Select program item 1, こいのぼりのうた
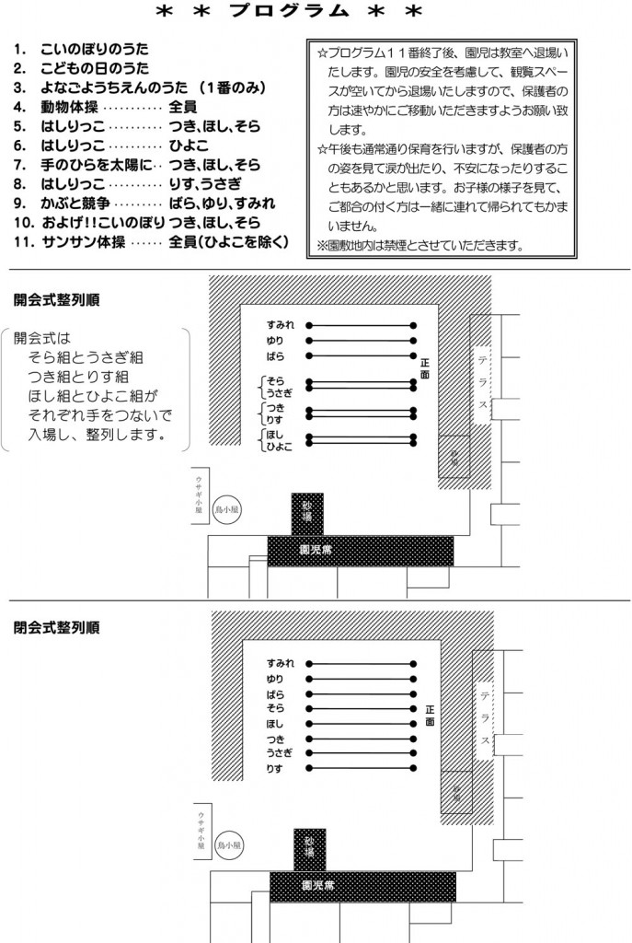point(94,48)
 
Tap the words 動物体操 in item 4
point(72,107)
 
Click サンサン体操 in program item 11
point(81,242)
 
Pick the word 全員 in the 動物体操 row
point(184,107)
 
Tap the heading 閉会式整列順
point(57,627)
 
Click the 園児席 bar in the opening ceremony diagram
point(361,550)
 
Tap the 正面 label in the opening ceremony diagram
point(424,367)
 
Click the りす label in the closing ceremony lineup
point(273,768)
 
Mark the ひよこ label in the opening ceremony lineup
point(279,447)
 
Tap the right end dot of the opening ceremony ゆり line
point(414,341)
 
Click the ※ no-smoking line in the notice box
point(419,245)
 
